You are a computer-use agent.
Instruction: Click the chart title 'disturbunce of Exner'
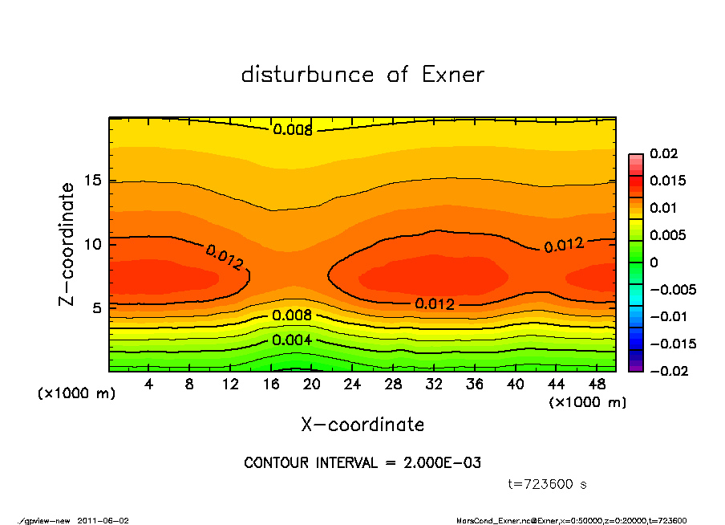coord(362,75)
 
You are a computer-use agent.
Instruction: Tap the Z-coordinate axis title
coord(67,244)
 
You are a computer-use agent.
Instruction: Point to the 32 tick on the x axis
coord(434,385)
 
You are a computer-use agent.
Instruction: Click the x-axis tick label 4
coord(149,385)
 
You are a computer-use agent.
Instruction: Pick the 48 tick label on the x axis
coord(597,385)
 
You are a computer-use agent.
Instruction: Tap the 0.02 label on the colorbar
coord(663,153)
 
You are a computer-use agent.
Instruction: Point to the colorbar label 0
coord(654,262)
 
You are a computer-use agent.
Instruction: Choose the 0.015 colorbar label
coord(667,181)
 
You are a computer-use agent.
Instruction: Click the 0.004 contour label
coord(292,340)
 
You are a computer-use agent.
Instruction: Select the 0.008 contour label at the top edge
coord(293,129)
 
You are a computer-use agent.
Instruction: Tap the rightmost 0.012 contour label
coord(564,245)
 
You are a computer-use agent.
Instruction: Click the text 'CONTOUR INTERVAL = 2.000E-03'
coord(362,463)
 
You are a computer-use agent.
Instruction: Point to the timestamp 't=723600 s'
coord(549,484)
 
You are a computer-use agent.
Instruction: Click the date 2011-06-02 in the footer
coord(103,520)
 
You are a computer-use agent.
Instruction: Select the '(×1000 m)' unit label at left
coord(77,394)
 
